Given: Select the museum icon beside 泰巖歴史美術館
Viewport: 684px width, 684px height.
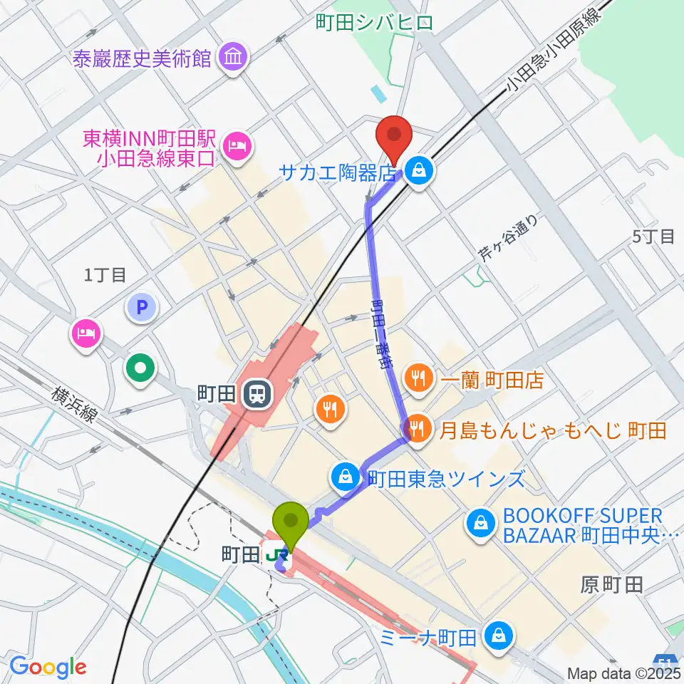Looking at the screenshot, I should click(x=233, y=56).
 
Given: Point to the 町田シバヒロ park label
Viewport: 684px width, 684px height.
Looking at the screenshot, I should click(x=373, y=23).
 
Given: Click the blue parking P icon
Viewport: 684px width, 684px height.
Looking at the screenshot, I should click(x=140, y=308).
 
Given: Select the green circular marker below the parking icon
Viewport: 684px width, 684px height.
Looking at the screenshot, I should click(x=140, y=368).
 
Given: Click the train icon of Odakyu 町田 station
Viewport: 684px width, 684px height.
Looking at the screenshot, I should click(x=254, y=394).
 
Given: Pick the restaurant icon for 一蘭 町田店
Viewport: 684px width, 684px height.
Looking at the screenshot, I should click(x=418, y=378).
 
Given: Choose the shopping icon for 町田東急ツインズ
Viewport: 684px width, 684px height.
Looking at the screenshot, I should click(x=346, y=477).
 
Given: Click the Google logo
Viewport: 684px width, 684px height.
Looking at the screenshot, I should click(x=48, y=667).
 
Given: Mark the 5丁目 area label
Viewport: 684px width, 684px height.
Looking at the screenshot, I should click(x=653, y=237).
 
